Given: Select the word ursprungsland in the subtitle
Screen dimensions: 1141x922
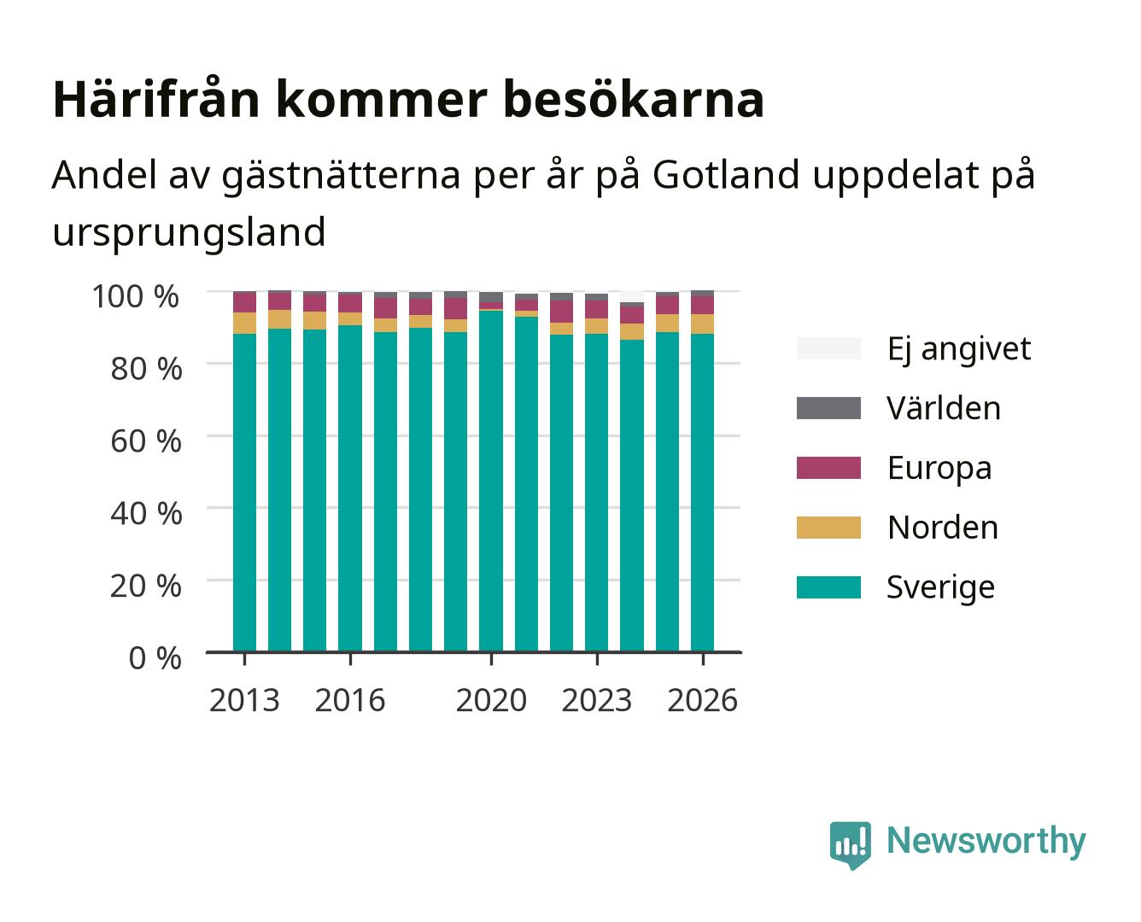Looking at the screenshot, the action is (x=189, y=233).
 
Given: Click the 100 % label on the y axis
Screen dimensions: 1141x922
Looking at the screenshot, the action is (x=136, y=296).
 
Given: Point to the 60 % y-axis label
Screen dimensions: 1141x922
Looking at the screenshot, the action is (x=146, y=441).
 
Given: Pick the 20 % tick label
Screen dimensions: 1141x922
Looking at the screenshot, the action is (x=146, y=586).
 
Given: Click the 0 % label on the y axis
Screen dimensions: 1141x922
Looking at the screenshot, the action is (x=155, y=658).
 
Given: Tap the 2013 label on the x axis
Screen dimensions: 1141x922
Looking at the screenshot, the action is (x=244, y=700).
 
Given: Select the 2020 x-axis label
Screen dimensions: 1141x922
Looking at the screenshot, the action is (x=491, y=700).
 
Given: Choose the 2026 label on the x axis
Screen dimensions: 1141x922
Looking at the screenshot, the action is (x=702, y=700).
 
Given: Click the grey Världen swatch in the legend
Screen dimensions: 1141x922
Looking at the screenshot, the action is (x=828, y=408).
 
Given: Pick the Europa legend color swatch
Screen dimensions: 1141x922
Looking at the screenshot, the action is (x=828, y=468).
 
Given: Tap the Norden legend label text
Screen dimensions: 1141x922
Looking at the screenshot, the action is (x=943, y=528).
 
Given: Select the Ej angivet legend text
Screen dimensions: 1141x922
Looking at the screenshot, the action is (x=959, y=349).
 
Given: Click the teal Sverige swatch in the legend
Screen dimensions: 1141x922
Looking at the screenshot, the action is (x=828, y=586).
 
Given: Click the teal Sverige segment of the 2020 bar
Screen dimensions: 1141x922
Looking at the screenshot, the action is (x=491, y=481).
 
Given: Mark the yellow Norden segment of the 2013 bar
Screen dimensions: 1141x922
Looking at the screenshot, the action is (x=244, y=323).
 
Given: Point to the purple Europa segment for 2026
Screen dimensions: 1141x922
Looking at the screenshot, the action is (x=702, y=305).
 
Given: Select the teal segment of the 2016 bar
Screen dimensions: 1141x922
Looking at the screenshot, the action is (x=350, y=488).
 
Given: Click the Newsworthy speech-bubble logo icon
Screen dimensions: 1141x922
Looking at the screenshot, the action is (x=850, y=845).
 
